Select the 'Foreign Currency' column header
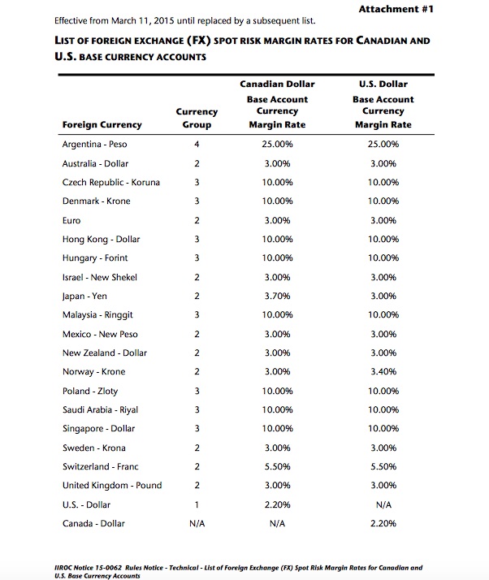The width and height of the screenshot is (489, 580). pyautogui.click(x=102, y=124)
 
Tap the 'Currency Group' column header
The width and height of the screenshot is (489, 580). pyautogui.click(x=197, y=118)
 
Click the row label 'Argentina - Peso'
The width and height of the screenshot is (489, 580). pyautogui.click(x=94, y=144)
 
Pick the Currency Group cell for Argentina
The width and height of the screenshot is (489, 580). pyautogui.click(x=197, y=144)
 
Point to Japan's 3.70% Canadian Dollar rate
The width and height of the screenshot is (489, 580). pyautogui.click(x=278, y=296)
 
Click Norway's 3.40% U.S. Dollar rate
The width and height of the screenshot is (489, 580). pyautogui.click(x=383, y=371)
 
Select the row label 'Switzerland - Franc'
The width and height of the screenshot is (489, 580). pyautogui.click(x=100, y=466)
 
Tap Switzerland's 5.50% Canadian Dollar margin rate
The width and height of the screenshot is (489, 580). pyautogui.click(x=278, y=466)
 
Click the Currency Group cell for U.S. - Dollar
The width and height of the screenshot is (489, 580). pyautogui.click(x=197, y=504)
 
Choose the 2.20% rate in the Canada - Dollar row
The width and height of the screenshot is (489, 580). pyautogui.click(x=383, y=523)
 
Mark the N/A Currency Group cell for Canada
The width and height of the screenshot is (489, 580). pyautogui.click(x=197, y=523)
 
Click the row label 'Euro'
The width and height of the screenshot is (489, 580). pyautogui.click(x=71, y=220)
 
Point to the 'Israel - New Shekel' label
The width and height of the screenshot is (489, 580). pyautogui.click(x=99, y=277)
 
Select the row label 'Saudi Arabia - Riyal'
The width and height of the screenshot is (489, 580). pyautogui.click(x=101, y=409)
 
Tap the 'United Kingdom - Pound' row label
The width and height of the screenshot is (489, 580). pyautogui.click(x=111, y=485)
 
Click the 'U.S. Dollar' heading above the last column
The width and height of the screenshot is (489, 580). pyautogui.click(x=383, y=84)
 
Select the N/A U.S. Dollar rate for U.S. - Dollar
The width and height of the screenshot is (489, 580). pyautogui.click(x=383, y=504)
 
